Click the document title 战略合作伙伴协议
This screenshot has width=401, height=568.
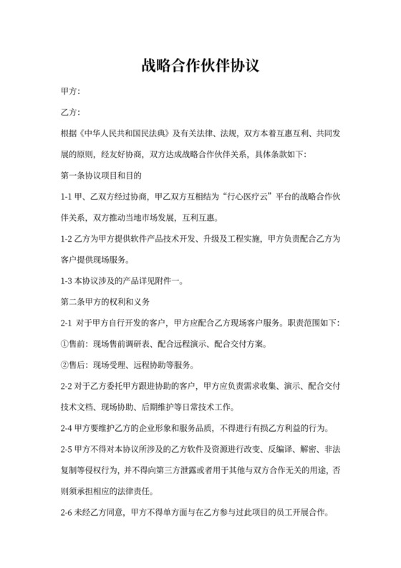(200, 66)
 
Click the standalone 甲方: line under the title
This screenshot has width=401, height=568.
(70, 93)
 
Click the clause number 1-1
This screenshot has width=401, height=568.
(67, 195)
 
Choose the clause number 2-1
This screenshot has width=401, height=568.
(67, 323)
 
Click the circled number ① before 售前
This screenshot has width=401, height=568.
(64, 344)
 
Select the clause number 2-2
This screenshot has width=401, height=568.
(67, 386)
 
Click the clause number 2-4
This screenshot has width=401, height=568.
(67, 429)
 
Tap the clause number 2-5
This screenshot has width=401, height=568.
(67, 450)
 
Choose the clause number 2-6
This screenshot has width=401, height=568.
(67, 513)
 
